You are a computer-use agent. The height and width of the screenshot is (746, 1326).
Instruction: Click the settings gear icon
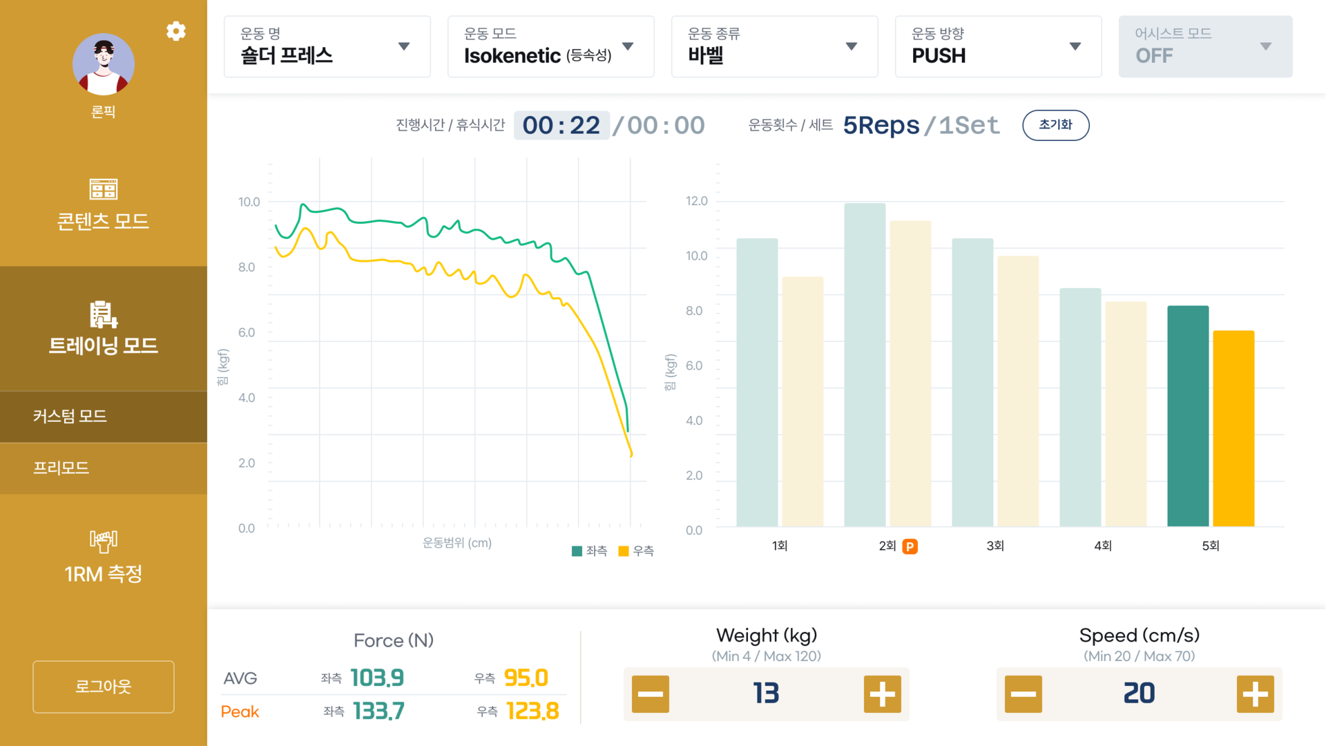[x=176, y=31]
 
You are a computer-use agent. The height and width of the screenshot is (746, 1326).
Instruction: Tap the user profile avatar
[x=104, y=64]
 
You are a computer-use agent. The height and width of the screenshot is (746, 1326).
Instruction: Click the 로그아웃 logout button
[x=104, y=687]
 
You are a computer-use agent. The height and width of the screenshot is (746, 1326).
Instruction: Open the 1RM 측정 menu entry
[x=104, y=557]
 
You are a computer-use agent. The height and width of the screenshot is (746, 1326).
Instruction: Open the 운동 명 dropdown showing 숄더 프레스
[x=327, y=46]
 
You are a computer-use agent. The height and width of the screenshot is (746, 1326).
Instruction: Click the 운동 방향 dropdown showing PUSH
[x=998, y=46]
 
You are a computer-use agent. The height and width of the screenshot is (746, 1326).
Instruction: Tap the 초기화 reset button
[x=1055, y=125]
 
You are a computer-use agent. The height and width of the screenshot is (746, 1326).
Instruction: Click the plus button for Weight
[x=882, y=694]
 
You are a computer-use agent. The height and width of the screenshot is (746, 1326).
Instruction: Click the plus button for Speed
[x=1255, y=694]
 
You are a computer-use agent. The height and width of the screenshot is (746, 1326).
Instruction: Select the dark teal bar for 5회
[x=1188, y=416]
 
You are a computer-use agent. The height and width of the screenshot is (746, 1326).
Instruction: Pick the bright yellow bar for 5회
[x=1233, y=428]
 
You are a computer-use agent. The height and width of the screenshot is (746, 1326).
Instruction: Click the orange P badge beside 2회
[x=910, y=546]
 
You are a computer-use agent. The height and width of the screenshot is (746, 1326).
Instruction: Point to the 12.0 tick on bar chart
[x=696, y=201]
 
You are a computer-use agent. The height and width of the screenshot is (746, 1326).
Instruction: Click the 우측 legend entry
[x=636, y=551]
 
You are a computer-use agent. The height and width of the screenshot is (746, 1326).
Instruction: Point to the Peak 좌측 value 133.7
[x=378, y=711]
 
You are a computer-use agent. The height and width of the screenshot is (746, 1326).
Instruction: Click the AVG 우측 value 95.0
[x=526, y=678]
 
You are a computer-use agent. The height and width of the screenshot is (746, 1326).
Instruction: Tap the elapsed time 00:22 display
[x=561, y=126]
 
